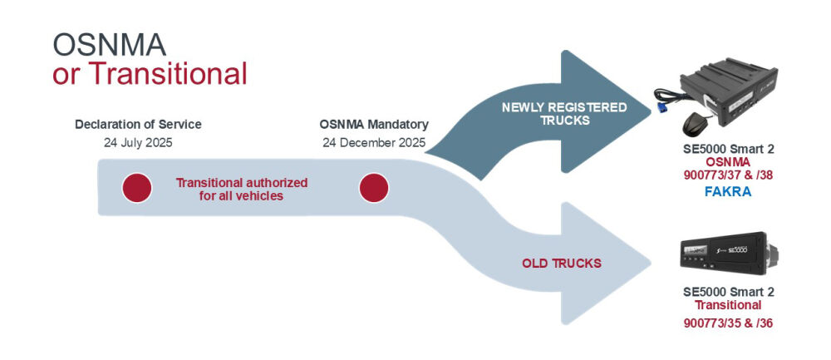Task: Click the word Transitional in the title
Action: [x=168, y=73]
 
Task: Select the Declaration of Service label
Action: [x=138, y=125]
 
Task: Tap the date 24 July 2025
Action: [x=138, y=142]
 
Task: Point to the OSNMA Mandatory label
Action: [x=374, y=125]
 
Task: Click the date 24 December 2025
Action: [x=374, y=142]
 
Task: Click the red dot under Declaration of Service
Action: [x=137, y=189]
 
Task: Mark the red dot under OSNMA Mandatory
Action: [x=373, y=189]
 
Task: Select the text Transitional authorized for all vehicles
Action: [x=242, y=189]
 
